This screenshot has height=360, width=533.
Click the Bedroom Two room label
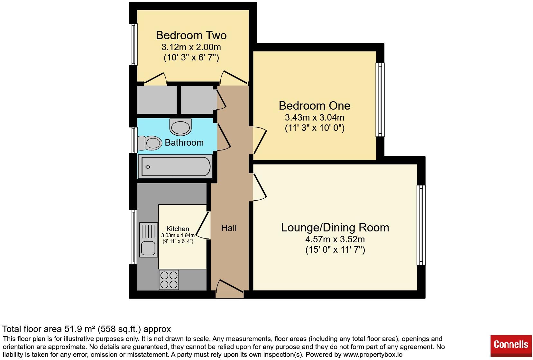(191, 35)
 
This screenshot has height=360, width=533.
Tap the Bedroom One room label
(314, 105)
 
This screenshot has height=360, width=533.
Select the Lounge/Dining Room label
(335, 227)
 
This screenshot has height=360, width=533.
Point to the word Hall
(229, 228)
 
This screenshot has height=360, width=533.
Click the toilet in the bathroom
(150, 143)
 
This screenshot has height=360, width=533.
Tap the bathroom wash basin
(180, 127)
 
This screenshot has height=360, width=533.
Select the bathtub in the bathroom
(175, 166)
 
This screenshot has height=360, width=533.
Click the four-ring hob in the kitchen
(169, 280)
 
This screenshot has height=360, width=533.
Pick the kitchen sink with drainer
(149, 239)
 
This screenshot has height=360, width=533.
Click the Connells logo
(510, 344)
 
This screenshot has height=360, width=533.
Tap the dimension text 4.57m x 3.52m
(335, 239)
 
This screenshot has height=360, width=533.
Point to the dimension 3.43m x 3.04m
(314, 117)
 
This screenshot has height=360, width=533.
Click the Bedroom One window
(380, 99)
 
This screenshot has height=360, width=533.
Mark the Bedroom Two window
(133, 44)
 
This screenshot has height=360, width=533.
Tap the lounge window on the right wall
(421, 225)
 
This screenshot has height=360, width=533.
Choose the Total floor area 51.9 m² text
(87, 329)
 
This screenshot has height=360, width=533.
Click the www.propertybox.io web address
(372, 355)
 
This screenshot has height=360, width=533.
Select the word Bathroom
(184, 142)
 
